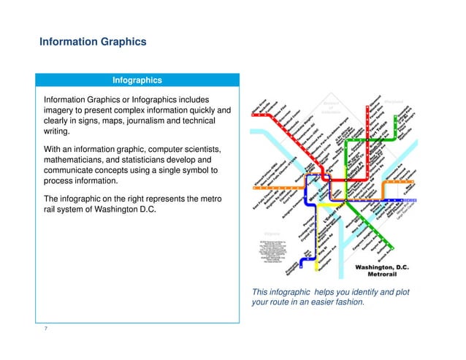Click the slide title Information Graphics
point(93,42)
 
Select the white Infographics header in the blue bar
point(137,80)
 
